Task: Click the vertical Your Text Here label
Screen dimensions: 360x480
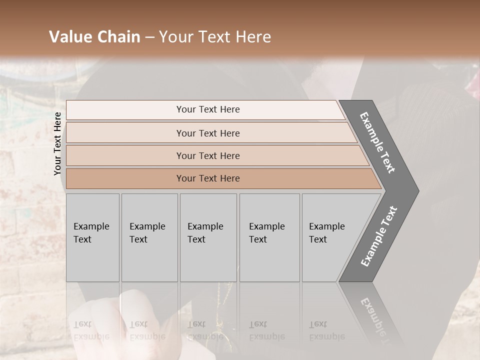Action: coord(57,143)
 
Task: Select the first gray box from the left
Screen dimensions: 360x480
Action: coord(92,237)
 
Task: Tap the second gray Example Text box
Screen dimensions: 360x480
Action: coord(149,237)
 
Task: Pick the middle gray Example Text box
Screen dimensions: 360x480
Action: coord(208,237)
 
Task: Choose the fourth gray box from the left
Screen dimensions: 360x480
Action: coord(269,237)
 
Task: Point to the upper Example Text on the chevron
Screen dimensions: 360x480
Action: coord(377,142)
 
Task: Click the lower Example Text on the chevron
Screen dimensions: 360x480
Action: coord(379,236)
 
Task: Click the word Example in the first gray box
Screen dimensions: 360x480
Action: coord(91,226)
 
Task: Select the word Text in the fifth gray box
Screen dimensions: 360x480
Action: coord(318,239)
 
